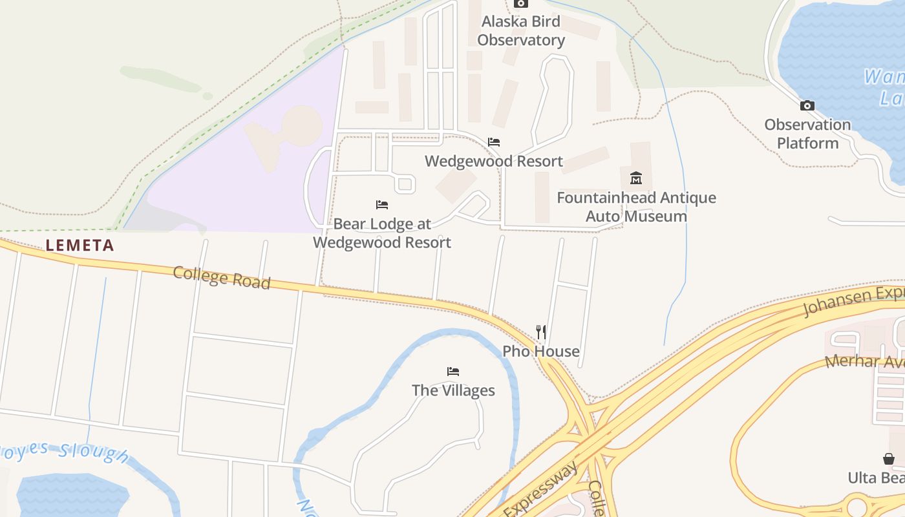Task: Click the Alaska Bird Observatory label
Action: [x=521, y=30]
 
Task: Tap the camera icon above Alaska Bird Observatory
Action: [x=521, y=3]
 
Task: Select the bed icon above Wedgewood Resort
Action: [x=494, y=142]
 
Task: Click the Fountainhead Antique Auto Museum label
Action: [x=636, y=207]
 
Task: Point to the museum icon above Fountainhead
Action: [x=636, y=178]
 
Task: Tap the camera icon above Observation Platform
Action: [x=807, y=106]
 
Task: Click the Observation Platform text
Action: [x=807, y=134]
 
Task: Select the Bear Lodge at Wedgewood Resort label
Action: [x=382, y=233]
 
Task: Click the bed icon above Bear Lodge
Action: [x=382, y=205]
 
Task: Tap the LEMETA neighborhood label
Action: [x=80, y=246]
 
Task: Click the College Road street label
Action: [x=221, y=277]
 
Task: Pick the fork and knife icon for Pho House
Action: [x=542, y=332]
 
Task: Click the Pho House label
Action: [x=541, y=352]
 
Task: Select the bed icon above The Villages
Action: [x=453, y=372]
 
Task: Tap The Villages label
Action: [x=453, y=390]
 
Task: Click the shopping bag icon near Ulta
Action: [x=889, y=459]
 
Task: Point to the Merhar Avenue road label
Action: [x=866, y=362]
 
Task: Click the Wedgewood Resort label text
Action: [x=494, y=161]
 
